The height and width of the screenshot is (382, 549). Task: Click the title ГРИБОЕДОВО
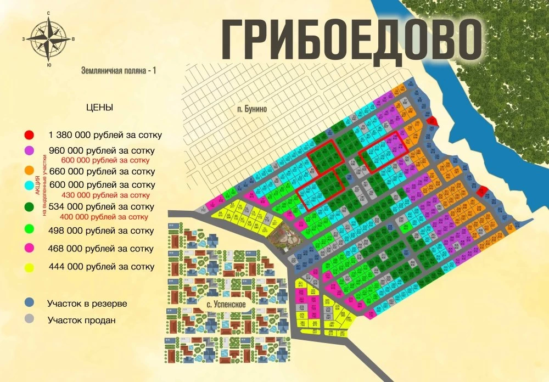click(352, 40)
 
